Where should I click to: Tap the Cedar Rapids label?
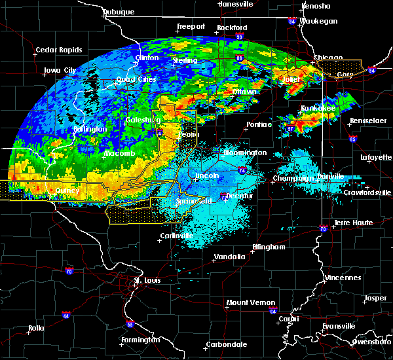tap(59, 50)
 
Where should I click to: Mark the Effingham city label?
tap(269, 247)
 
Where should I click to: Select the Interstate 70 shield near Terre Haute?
tap(322, 228)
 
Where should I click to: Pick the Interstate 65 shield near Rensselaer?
tap(353, 139)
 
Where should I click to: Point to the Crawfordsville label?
tap(367, 192)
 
